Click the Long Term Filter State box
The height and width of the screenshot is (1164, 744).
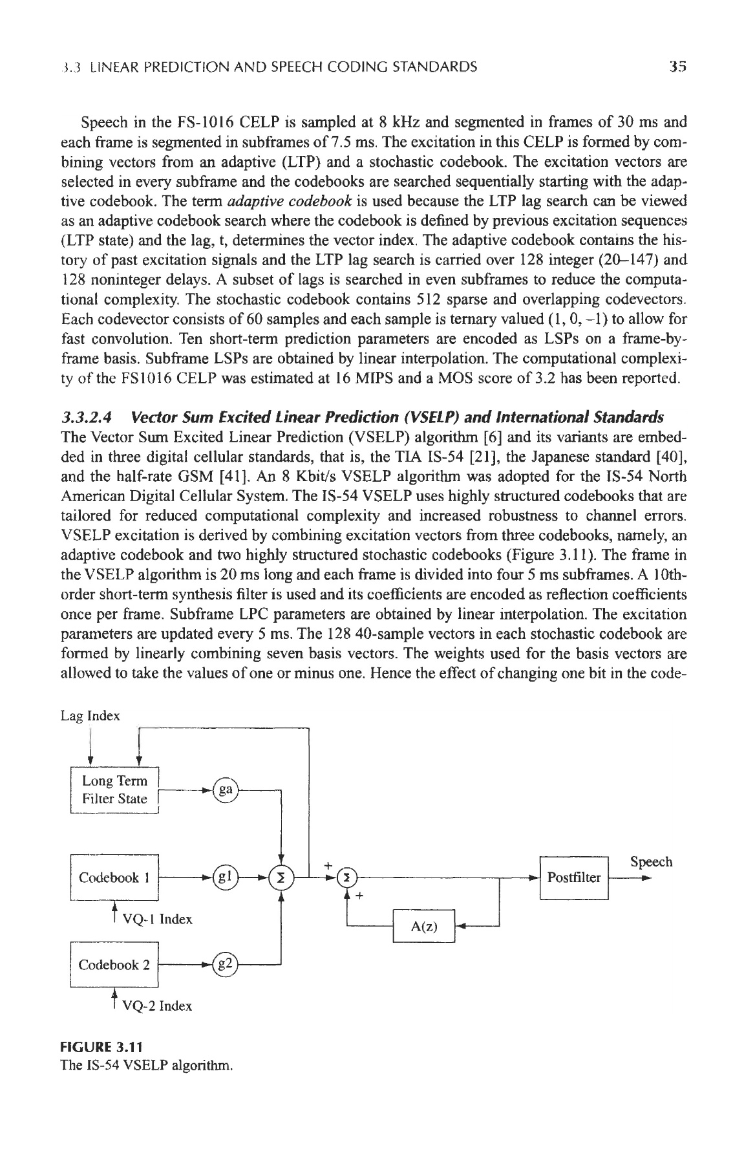tap(114, 790)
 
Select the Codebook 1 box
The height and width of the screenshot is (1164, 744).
tap(114, 878)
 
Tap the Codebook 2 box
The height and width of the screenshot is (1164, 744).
tap(114, 965)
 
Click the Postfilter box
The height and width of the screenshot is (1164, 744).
tap(574, 878)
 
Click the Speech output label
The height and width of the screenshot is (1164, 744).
tap(651, 862)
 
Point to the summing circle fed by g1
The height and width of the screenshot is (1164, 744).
tap(281, 878)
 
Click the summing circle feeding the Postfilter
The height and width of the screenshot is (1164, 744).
tap(347, 878)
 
